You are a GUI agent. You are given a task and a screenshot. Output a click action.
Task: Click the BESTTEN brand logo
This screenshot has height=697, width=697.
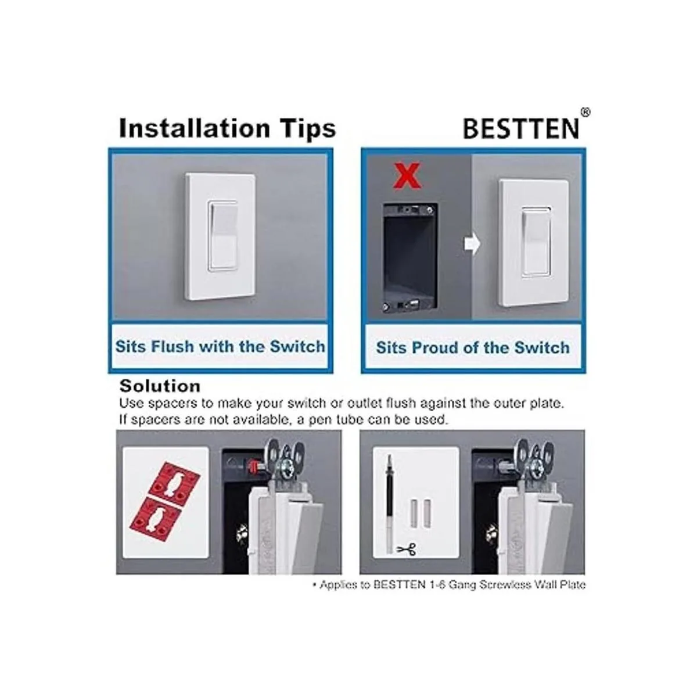coord(521,128)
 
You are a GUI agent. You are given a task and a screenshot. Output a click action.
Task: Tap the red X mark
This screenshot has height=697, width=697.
coord(407,176)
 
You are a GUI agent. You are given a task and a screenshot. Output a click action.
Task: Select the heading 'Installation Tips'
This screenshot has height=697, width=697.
coord(228,128)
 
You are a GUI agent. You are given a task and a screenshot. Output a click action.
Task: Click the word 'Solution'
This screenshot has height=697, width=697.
coord(160,386)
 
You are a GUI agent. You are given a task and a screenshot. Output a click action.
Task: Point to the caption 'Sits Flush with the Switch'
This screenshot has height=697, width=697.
coord(220,346)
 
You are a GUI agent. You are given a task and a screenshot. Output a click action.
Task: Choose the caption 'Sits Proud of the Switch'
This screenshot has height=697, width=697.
coord(473,347)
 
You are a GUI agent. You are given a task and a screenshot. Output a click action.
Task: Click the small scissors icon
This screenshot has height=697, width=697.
coord(407,549)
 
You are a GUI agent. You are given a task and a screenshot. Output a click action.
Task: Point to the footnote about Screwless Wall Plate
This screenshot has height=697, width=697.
coord(448,584)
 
